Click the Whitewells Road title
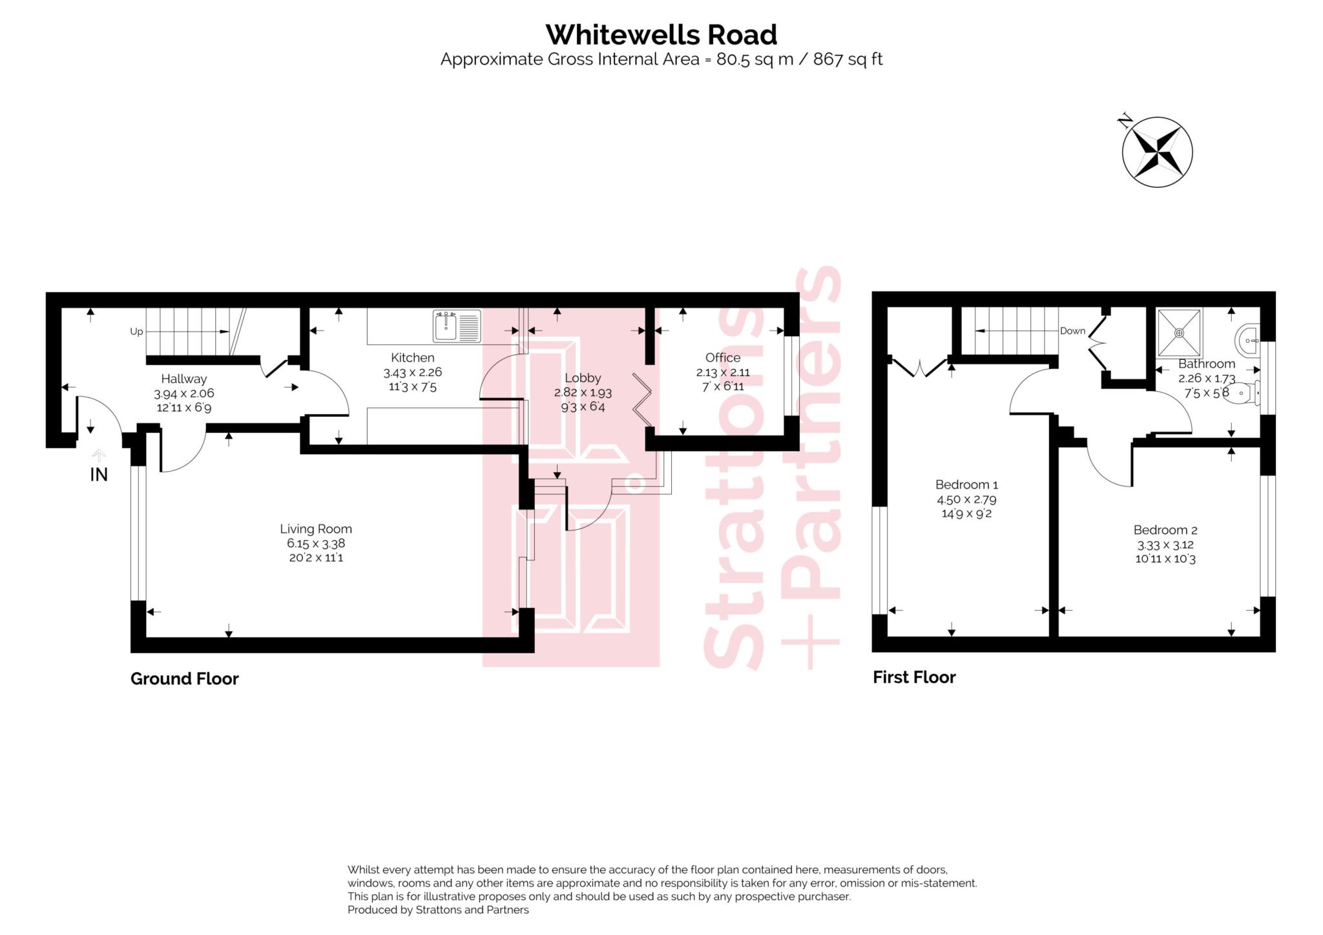point(661,35)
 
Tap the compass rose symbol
point(1157,152)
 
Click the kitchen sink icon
point(456,326)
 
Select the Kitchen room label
point(412,357)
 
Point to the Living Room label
point(315,529)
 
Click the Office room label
point(722,357)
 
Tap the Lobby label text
point(582,378)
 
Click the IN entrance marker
point(98,474)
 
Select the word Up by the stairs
point(136,331)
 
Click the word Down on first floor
point(1072,331)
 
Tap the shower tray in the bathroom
point(1179,333)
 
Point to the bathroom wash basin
point(1248,339)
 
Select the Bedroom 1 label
point(966,484)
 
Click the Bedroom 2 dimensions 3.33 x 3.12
point(1165,545)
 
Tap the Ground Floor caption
point(184,678)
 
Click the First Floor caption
point(913,677)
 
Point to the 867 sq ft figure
point(848,59)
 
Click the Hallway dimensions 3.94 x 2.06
point(183,394)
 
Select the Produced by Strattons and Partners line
point(437,910)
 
